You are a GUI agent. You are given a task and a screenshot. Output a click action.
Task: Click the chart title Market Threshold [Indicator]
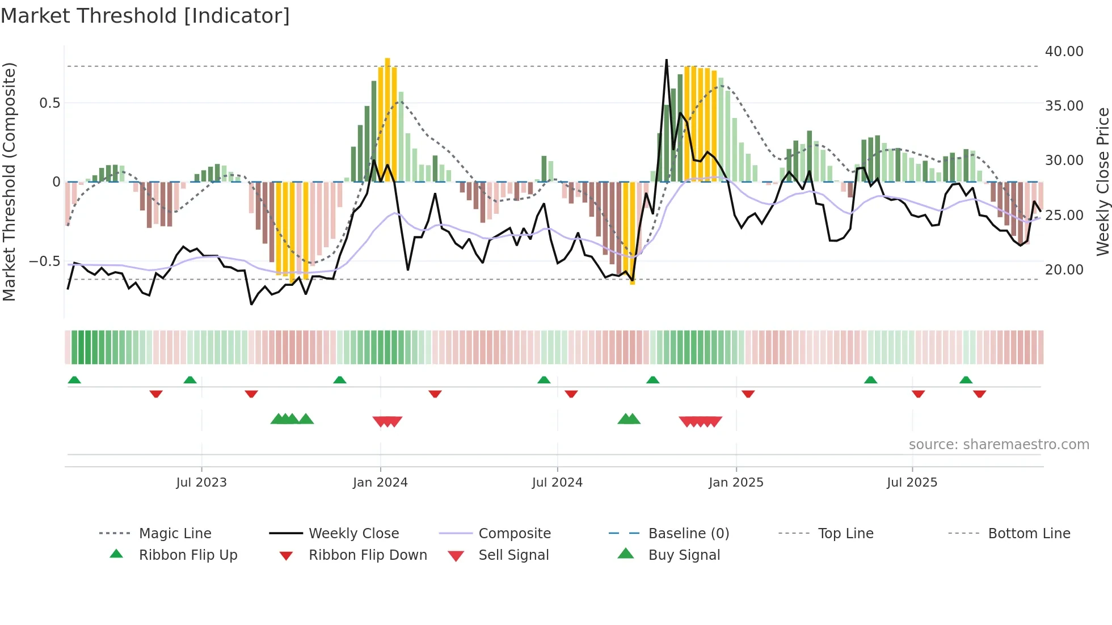click(x=145, y=16)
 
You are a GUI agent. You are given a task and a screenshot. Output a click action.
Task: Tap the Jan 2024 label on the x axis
click(x=380, y=483)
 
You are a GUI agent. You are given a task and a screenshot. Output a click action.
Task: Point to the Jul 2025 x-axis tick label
click(x=912, y=483)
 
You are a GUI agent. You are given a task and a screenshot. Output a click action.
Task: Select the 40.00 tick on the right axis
click(x=1064, y=52)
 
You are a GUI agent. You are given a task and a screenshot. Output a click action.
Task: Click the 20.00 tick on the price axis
click(x=1064, y=270)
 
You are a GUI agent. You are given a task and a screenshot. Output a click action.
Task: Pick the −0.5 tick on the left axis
click(x=45, y=261)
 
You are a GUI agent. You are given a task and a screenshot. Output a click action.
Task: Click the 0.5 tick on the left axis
click(x=49, y=103)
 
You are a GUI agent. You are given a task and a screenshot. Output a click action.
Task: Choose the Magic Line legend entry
click(x=175, y=534)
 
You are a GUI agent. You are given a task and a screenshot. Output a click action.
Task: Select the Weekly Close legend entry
click(x=353, y=534)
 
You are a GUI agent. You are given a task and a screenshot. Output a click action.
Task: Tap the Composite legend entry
click(x=514, y=534)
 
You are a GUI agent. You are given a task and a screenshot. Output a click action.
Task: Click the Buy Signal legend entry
click(x=684, y=555)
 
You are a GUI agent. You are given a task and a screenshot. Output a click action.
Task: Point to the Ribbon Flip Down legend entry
click(x=367, y=555)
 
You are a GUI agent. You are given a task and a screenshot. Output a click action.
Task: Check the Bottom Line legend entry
click(x=1029, y=534)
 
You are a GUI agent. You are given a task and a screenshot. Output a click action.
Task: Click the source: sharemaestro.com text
click(x=999, y=445)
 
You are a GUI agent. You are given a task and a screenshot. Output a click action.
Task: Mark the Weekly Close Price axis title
click(x=1102, y=181)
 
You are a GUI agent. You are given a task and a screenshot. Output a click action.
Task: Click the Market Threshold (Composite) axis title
click(x=9, y=181)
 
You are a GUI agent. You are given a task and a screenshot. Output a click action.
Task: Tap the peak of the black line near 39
click(x=666, y=60)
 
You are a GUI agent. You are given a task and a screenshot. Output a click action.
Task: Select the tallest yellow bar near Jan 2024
click(x=387, y=119)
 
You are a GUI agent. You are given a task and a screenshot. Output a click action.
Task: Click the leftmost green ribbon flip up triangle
click(x=74, y=380)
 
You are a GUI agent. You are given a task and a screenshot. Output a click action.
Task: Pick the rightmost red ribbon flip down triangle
click(x=979, y=394)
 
